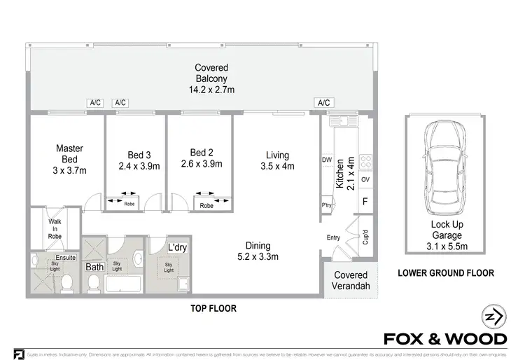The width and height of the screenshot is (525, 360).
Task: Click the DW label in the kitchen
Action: tap(327, 160)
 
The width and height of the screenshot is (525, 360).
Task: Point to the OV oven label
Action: tap(365, 179)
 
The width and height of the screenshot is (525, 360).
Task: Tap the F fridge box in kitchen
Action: tap(365, 203)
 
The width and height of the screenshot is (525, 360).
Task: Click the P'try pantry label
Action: tap(326, 205)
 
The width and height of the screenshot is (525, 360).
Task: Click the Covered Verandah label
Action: tap(351, 281)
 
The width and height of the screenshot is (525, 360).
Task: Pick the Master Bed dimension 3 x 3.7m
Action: tap(69, 171)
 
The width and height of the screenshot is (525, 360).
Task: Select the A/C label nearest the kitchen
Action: tap(323, 103)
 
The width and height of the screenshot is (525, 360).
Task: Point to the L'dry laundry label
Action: tap(178, 248)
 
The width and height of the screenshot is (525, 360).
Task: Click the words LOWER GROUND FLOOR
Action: tap(446, 273)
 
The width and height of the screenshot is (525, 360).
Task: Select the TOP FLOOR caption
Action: tap(213, 308)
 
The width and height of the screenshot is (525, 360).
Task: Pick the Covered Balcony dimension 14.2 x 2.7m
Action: tap(211, 90)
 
